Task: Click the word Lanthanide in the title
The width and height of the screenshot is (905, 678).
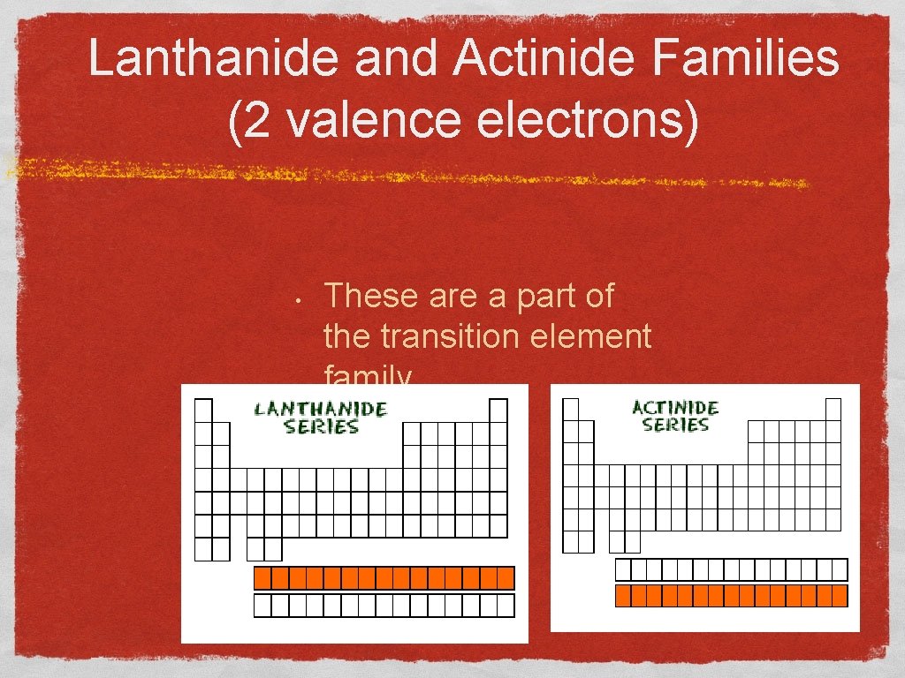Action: pyautogui.click(x=213, y=60)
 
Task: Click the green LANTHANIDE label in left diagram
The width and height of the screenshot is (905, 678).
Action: pyautogui.click(x=320, y=409)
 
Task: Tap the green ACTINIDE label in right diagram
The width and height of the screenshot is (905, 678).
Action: pyautogui.click(x=675, y=408)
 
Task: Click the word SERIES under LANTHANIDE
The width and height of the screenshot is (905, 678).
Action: pyautogui.click(x=320, y=426)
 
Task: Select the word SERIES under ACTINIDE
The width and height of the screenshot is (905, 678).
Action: pyautogui.click(x=675, y=425)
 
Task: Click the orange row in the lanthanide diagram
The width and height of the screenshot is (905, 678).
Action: pyautogui.click(x=384, y=578)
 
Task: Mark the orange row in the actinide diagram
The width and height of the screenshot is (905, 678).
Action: pyautogui.click(x=731, y=596)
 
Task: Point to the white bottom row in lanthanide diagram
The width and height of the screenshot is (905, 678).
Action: pyautogui.click(x=384, y=606)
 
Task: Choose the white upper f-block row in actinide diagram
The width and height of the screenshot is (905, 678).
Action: pyautogui.click(x=731, y=569)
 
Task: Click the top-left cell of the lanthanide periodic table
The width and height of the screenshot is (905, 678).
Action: pyautogui.click(x=204, y=411)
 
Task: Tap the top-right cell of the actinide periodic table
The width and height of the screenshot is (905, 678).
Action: pyautogui.click(x=833, y=409)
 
